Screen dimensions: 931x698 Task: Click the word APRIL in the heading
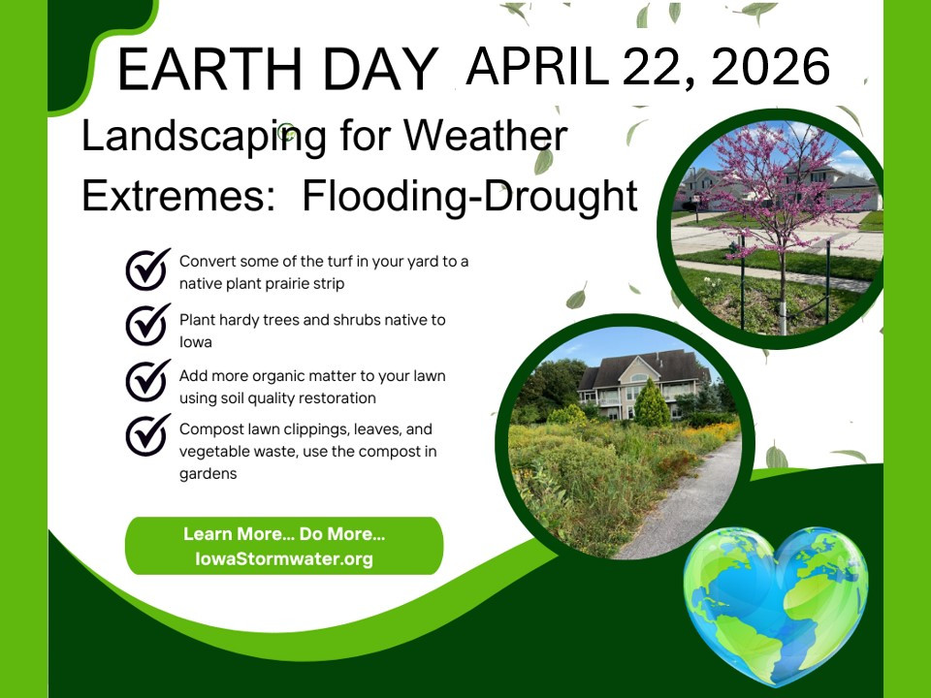pyautogui.click(x=538, y=66)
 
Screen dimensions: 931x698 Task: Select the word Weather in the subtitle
pyautogui.click(x=486, y=136)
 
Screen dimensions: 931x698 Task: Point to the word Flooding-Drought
pyautogui.click(x=469, y=197)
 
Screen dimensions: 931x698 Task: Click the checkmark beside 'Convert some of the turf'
pyautogui.click(x=147, y=270)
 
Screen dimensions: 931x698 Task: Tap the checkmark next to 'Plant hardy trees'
pyautogui.click(x=147, y=325)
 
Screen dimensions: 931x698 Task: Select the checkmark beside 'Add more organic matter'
pyautogui.click(x=147, y=380)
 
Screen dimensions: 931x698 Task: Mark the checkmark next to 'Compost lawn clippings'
pyautogui.click(x=147, y=435)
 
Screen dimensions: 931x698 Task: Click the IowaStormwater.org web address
pyautogui.click(x=284, y=558)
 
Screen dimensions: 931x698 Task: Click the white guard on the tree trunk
pyautogui.click(x=784, y=319)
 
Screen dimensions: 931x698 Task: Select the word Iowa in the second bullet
pyautogui.click(x=195, y=342)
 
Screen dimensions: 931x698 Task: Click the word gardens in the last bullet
pyautogui.click(x=208, y=474)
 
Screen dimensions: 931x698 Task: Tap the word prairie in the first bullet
pyautogui.click(x=286, y=284)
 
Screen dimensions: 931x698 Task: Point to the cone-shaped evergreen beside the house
pyautogui.click(x=652, y=403)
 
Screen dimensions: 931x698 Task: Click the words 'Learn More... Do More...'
pyautogui.click(x=284, y=533)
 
